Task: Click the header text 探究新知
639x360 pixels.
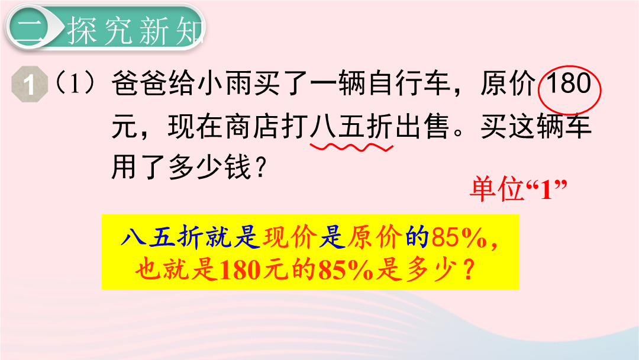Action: [135, 31]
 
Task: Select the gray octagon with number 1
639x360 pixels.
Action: [30, 85]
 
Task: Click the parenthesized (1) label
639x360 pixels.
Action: [75, 82]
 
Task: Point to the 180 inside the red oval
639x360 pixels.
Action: [569, 83]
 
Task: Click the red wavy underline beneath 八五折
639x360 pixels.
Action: [351, 146]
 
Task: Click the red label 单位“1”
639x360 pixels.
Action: [518, 189]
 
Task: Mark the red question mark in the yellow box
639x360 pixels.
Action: [469, 270]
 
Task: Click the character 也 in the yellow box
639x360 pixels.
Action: [147, 270]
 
